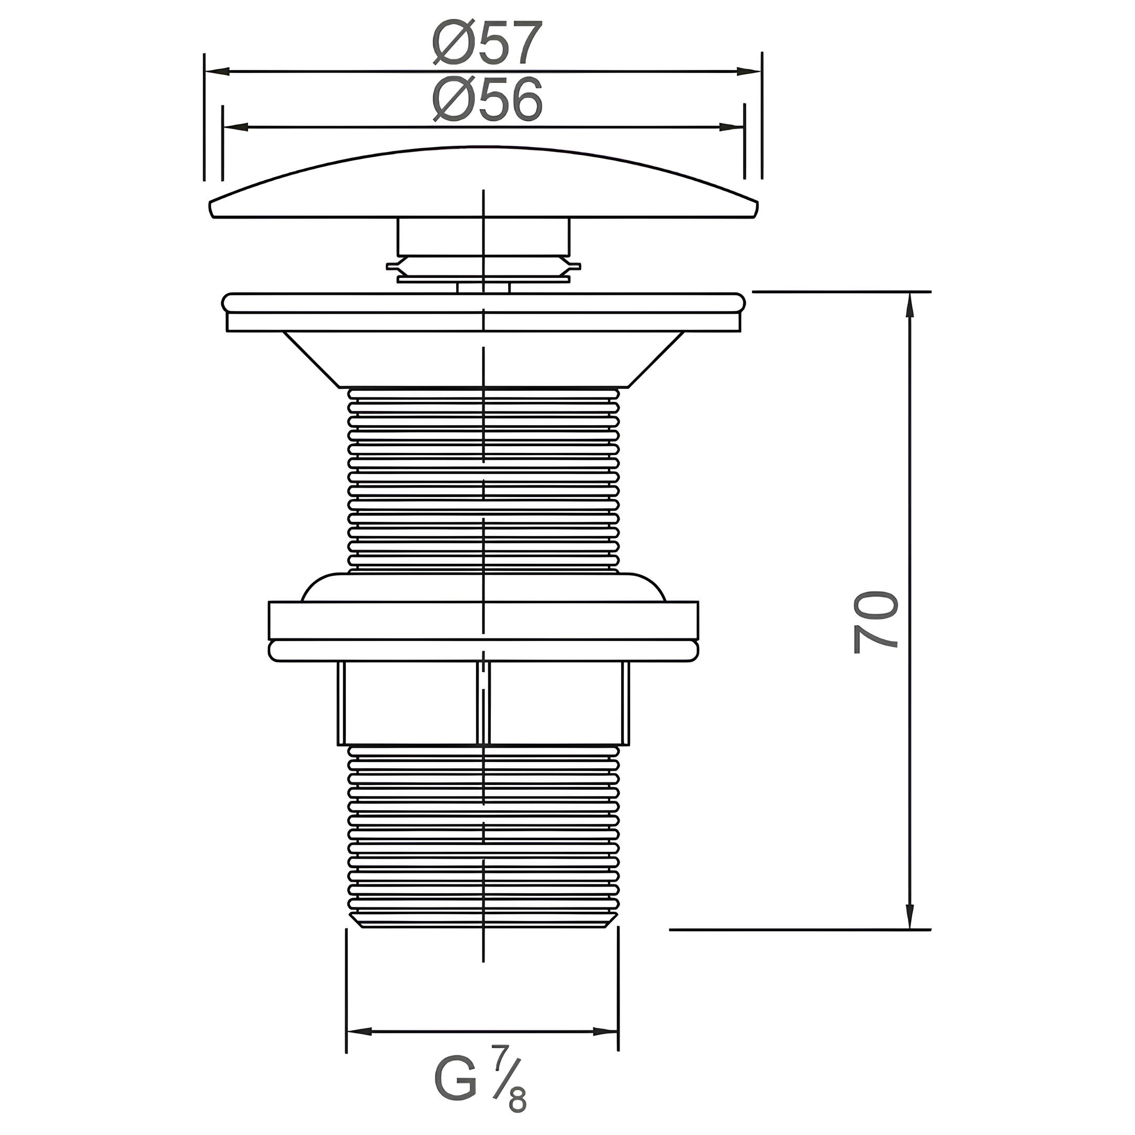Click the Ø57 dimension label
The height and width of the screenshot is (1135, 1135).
coord(487,44)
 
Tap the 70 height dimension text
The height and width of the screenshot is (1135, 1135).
coord(876,622)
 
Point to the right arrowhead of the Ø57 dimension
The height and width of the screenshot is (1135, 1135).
coord(749,71)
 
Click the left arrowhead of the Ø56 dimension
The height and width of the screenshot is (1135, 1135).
coord(235,127)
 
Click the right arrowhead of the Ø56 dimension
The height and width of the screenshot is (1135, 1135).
coord(732,127)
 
